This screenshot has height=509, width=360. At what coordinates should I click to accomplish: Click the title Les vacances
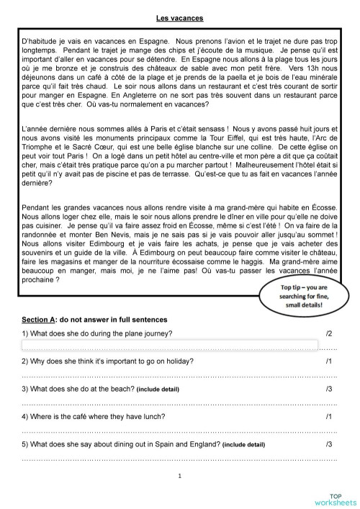pyautogui.click(x=179, y=17)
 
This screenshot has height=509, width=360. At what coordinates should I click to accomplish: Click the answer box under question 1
pyautogui.click(x=170, y=345)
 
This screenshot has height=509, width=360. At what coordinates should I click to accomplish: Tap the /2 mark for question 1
pyautogui.click(x=329, y=334)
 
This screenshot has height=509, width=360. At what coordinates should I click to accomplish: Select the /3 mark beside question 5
pyautogui.click(x=329, y=444)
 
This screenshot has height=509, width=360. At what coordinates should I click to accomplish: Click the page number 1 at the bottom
pyautogui.click(x=179, y=475)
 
